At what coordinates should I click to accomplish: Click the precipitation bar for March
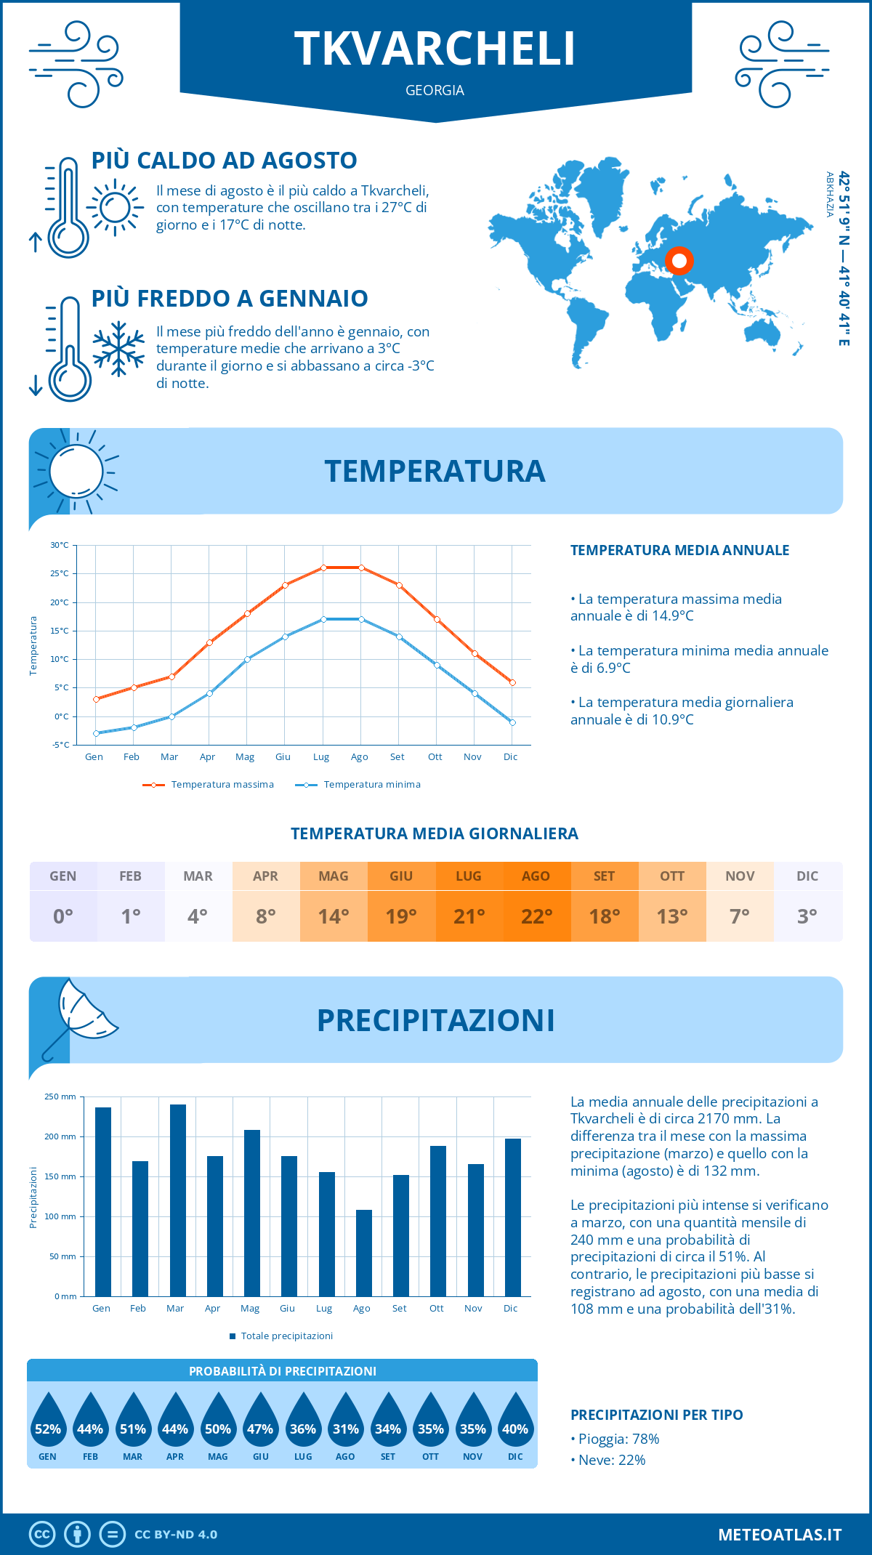click(178, 1200)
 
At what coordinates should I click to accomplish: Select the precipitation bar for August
click(364, 1253)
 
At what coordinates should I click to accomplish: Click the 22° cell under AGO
click(537, 916)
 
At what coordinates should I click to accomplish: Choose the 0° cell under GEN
click(63, 916)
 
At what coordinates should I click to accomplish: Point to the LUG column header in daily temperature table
click(469, 876)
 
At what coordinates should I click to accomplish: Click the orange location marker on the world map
click(679, 260)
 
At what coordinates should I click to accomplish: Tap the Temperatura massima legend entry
click(209, 785)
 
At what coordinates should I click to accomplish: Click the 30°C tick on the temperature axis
click(60, 545)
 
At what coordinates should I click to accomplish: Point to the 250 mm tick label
click(60, 1096)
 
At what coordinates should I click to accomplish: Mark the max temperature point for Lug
click(323, 568)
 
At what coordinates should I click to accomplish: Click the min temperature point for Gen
click(96, 733)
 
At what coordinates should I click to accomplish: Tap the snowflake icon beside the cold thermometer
click(118, 349)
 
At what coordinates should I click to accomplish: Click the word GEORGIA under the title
click(435, 90)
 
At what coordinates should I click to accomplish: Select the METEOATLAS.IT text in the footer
click(780, 1535)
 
